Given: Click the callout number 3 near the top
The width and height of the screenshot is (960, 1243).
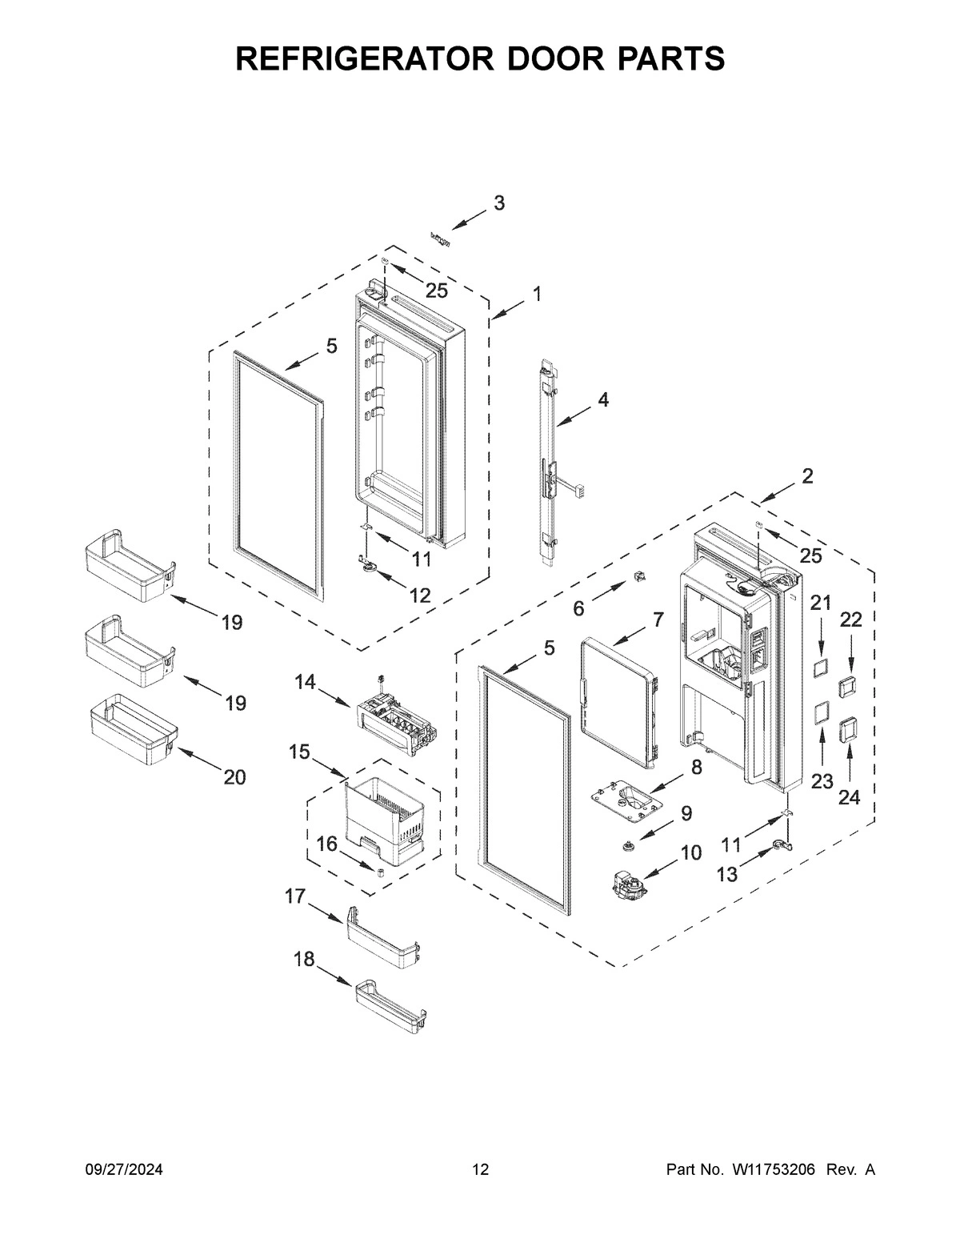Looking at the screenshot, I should tap(498, 203).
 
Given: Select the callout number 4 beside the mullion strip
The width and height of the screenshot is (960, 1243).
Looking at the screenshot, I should tap(602, 399).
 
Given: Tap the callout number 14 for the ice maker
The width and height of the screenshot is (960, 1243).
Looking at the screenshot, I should tap(305, 682).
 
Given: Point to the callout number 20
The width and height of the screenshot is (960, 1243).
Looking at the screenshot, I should tap(234, 776).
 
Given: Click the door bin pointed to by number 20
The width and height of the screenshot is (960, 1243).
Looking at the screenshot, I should tap(132, 727).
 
